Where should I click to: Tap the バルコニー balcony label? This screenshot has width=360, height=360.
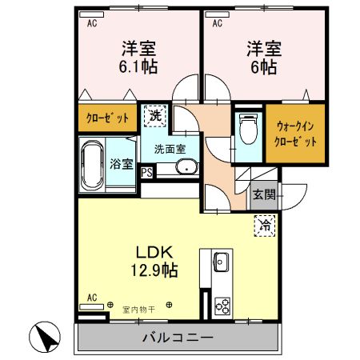178,338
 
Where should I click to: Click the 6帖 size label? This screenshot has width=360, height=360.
262,67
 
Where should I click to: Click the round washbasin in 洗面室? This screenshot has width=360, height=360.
185,168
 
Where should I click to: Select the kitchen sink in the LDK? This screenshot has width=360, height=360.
221,262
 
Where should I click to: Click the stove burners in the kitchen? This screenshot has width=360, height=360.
221,306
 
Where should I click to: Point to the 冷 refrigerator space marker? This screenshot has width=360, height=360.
265,226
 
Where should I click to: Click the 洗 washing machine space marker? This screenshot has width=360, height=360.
156,114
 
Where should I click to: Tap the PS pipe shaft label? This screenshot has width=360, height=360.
147,171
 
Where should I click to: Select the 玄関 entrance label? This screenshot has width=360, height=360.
264,194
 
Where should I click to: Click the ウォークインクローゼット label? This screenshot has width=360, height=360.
296,134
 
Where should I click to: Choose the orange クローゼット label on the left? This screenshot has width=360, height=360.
107,118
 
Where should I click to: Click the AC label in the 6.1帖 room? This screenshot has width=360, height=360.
92,23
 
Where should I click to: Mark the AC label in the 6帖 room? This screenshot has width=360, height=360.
218,23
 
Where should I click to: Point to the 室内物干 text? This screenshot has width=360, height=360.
138,306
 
